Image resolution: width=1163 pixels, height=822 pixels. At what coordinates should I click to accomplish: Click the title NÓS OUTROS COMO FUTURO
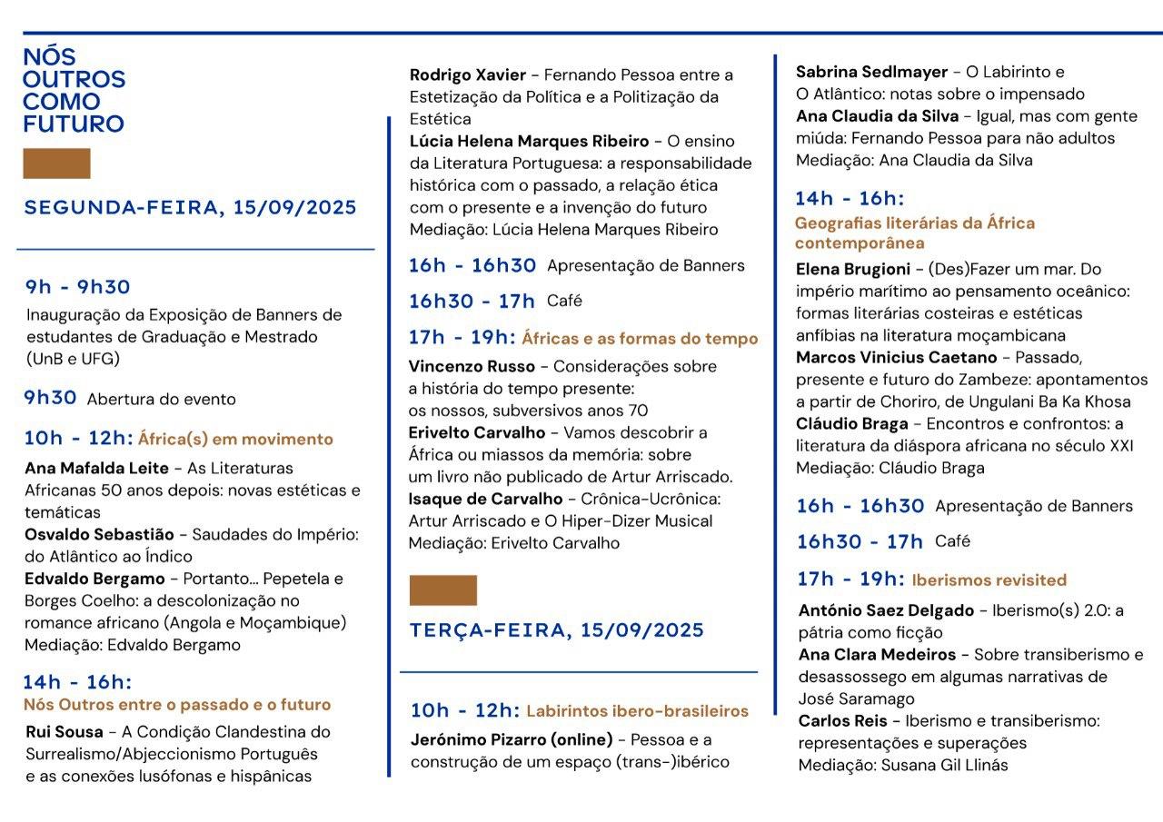tap(74, 91)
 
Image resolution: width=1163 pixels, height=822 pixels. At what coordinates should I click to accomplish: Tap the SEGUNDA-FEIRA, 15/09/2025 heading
tap(190, 207)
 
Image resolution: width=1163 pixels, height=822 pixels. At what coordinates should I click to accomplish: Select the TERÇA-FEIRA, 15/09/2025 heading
tap(556, 630)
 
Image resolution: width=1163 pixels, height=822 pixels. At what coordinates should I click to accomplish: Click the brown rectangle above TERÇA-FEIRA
tap(442, 590)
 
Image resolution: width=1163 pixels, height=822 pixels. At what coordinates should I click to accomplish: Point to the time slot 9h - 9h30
tap(77, 287)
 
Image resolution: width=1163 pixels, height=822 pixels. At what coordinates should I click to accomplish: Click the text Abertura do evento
tap(161, 399)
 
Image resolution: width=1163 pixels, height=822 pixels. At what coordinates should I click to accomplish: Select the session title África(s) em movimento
tap(235, 440)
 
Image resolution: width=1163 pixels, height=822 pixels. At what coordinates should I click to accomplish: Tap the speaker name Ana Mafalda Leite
tap(96, 469)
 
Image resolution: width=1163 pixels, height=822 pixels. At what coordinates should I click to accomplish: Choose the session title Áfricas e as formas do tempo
tap(640, 339)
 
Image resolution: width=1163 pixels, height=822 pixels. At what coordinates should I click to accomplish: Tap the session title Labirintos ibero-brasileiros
tap(637, 711)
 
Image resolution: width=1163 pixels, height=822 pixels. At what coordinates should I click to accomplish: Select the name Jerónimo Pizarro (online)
tap(512, 739)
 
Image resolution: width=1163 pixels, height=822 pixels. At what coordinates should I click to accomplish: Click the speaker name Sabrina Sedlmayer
tap(871, 72)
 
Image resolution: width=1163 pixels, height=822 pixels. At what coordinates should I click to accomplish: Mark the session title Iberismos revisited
tap(989, 580)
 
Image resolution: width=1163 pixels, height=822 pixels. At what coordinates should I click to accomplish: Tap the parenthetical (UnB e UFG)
tap(73, 359)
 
